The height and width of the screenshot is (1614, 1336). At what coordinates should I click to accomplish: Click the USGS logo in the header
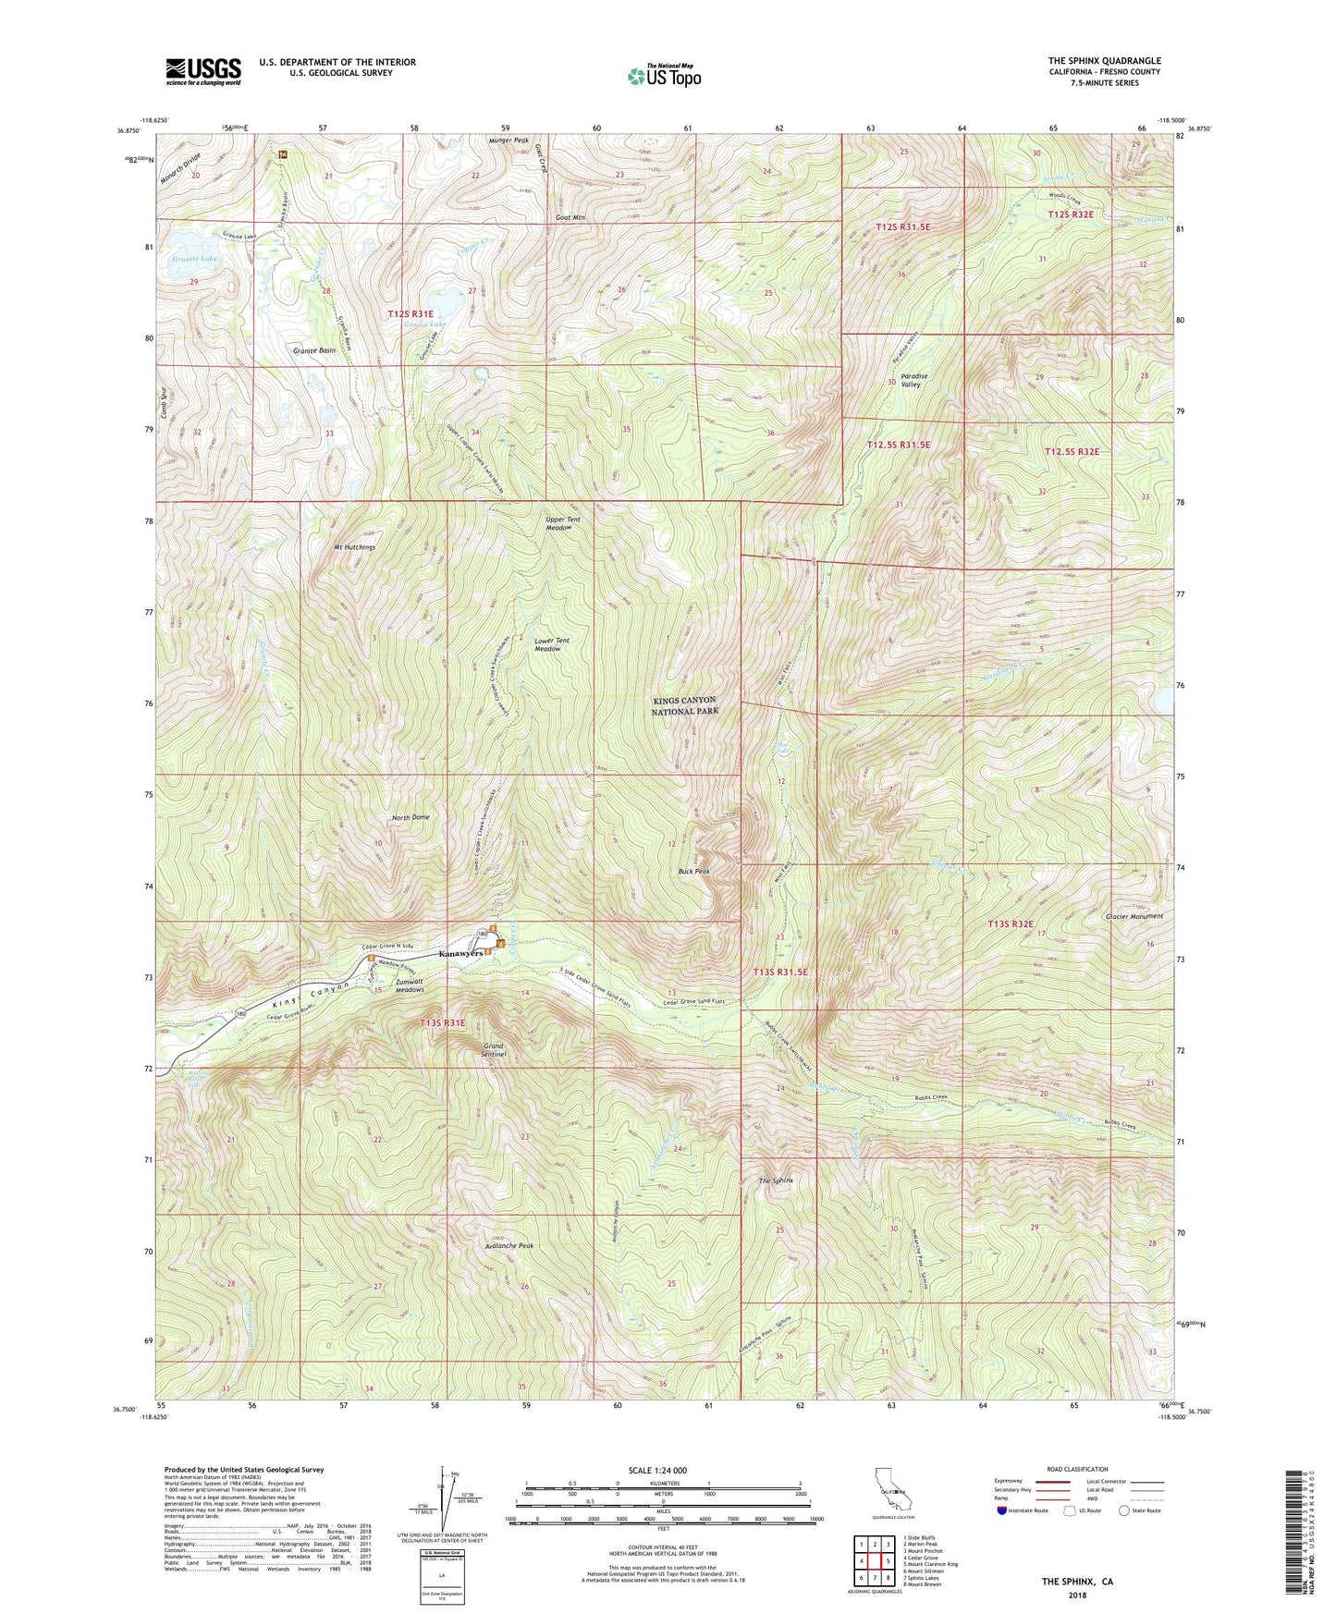pyautogui.click(x=203, y=70)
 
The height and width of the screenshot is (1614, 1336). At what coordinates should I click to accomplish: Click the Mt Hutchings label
pyautogui.click(x=355, y=546)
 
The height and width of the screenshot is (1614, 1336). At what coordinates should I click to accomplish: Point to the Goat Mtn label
pyautogui.click(x=570, y=218)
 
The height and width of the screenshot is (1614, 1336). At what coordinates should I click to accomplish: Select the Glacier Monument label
pyautogui.click(x=1134, y=916)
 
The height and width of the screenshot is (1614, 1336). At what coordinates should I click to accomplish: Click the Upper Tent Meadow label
pyautogui.click(x=562, y=523)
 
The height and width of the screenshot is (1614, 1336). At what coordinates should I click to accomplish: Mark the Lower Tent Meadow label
pyautogui.click(x=547, y=644)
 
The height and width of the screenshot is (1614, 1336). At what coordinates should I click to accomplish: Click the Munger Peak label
pyautogui.click(x=508, y=141)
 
